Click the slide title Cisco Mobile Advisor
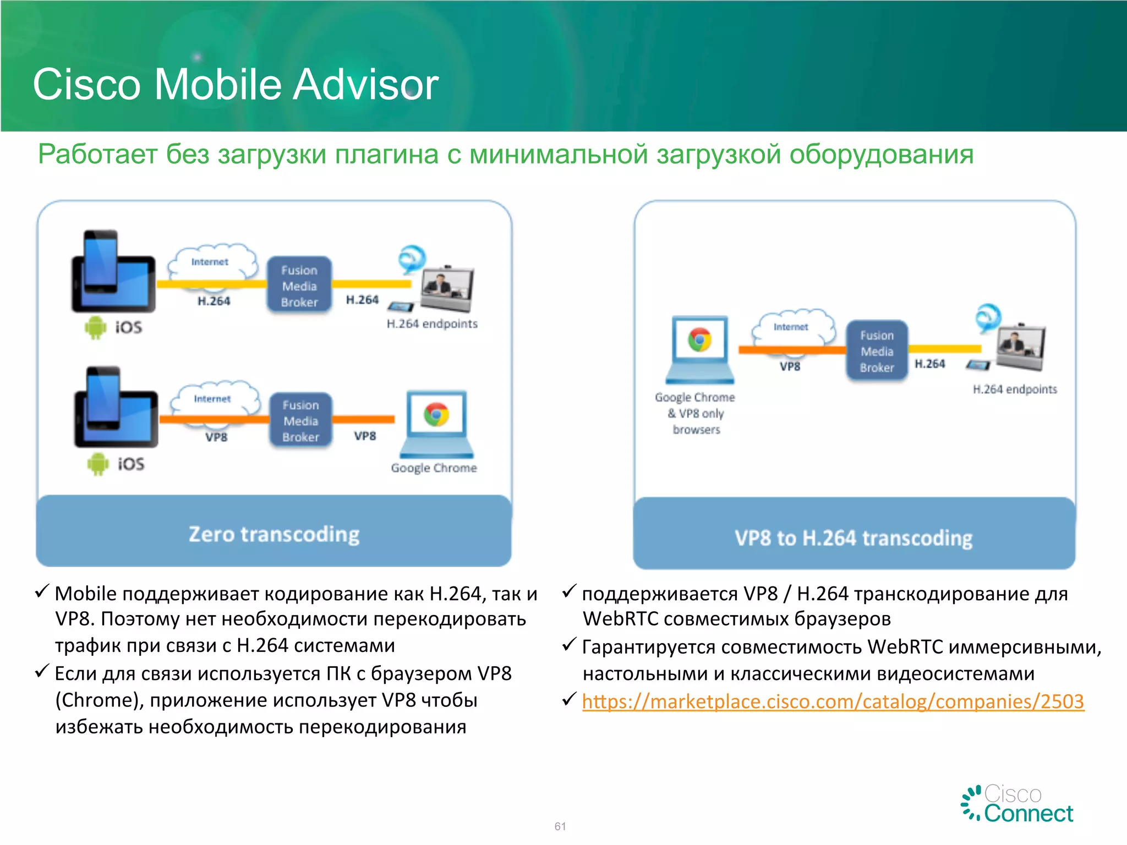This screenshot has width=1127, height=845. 236,84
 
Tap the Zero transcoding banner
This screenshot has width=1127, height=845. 273,534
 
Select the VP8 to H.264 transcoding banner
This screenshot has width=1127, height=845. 854,537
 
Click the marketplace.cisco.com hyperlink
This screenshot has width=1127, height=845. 833,701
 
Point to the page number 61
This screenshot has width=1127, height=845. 560,826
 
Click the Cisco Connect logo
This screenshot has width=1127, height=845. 1017,804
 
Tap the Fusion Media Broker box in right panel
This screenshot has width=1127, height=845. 877,351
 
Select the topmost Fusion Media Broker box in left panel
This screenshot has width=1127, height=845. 299,286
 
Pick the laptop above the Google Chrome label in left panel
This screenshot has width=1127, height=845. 436,424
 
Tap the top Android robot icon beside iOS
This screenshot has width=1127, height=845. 95,327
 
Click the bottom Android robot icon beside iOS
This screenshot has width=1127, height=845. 98,464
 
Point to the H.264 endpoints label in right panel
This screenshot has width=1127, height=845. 1014,389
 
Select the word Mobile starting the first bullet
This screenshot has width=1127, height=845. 86,594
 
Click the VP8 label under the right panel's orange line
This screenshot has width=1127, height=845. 790,366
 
